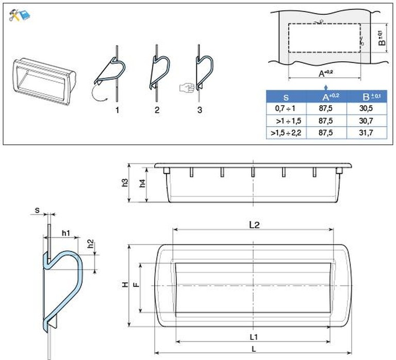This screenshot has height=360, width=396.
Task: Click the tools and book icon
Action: click(19, 15)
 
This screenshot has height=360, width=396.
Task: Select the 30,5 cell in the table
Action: click(366, 108)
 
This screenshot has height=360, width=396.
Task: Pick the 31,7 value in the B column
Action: click(366, 133)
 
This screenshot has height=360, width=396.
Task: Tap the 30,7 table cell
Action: click(366, 121)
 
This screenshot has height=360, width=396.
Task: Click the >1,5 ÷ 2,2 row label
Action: click(286, 133)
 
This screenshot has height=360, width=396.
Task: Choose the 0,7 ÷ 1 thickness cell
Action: click(285, 109)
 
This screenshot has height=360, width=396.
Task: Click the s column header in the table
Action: click(286, 97)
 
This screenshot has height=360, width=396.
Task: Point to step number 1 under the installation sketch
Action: click(117, 110)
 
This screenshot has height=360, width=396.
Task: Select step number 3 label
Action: click(200, 110)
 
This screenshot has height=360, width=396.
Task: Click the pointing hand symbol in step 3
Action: click(187, 88)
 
